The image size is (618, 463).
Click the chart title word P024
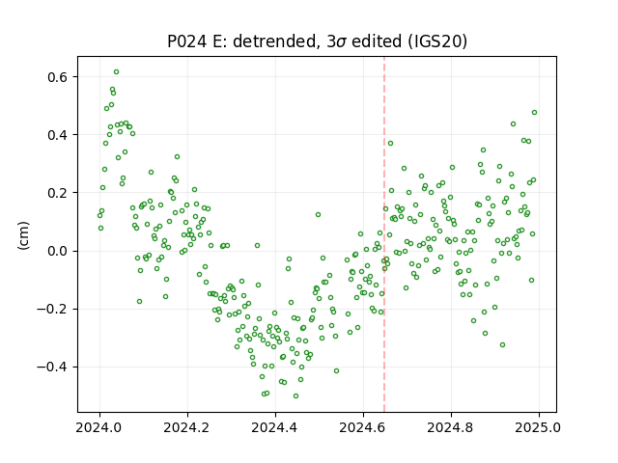187,41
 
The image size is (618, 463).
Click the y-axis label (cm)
23,235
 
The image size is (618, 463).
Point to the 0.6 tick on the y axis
58,77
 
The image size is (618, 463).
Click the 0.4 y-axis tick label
58,135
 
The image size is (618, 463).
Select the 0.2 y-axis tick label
58,193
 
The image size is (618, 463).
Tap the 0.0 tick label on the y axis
58,251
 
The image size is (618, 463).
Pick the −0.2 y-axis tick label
52,309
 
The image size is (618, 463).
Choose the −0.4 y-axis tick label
52,367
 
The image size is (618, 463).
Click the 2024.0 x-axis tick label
100,427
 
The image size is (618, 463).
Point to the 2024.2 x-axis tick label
187,427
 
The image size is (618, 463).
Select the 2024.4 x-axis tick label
275,427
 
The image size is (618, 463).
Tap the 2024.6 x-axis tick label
363,427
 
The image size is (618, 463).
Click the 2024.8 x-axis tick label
451,427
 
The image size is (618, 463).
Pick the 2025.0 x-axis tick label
539,427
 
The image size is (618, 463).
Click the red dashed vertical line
384,234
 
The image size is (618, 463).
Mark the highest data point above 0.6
116,72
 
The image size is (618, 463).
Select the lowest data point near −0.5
296,396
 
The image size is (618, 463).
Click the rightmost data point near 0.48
534,113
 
